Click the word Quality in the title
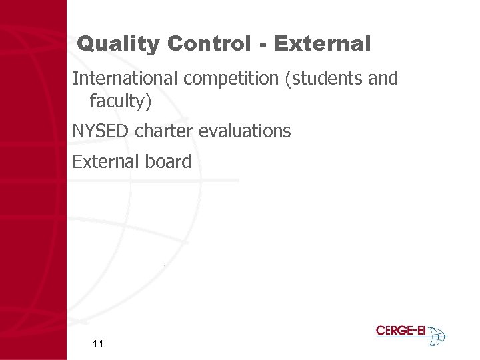coord(118,45)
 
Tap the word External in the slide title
coord(321,45)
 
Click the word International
coord(125,79)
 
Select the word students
coord(327,79)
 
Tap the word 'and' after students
coord(383,79)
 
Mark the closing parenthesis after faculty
coord(150,103)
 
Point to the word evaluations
coord(245,131)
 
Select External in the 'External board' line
coord(100,162)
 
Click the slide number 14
coord(98,344)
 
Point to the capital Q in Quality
coord(85,45)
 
